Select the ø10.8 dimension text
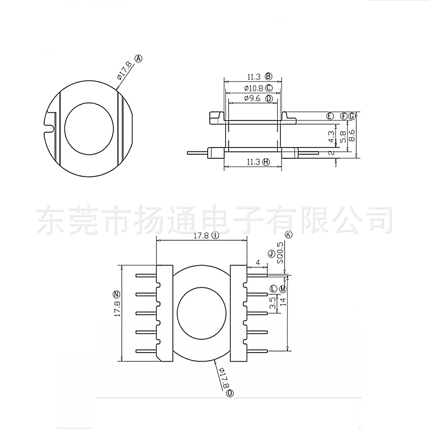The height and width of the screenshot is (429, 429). click(x=253, y=88)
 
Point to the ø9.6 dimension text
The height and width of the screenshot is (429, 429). click(x=253, y=99)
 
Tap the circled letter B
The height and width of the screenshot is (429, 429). click(x=269, y=77)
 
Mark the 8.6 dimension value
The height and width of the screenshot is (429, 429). click(x=352, y=136)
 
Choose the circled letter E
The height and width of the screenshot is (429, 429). click(x=330, y=116)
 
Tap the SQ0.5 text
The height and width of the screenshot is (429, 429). click(x=280, y=253)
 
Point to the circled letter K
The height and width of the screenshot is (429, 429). click(x=288, y=234)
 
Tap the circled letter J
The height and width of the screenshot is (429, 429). click(x=271, y=254)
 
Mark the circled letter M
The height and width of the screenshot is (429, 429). click(x=283, y=289)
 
